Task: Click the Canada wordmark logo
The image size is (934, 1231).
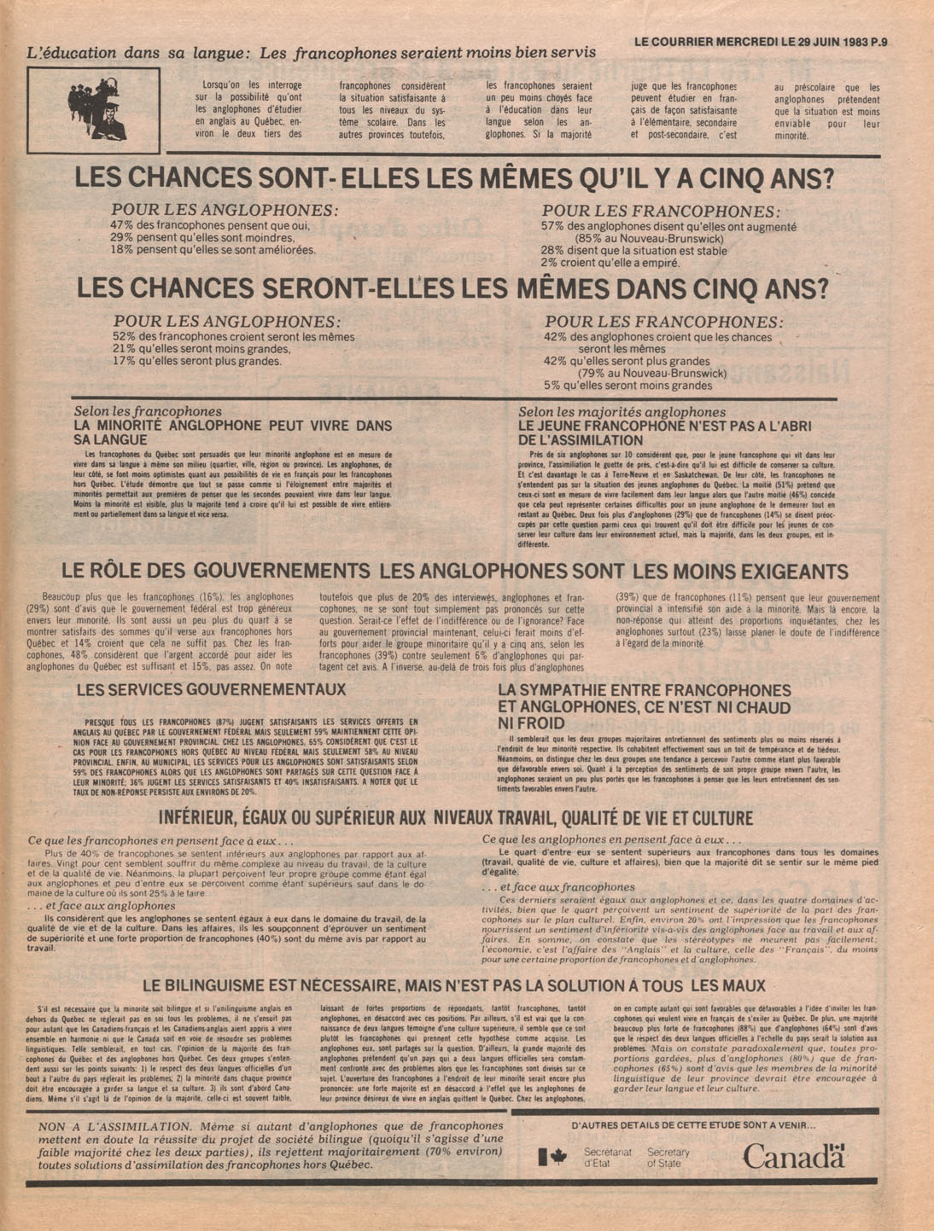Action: click(793, 1156)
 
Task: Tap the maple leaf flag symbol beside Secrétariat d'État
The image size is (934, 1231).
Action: click(552, 1158)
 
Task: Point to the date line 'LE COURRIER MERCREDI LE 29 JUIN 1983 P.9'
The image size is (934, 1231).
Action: click(760, 40)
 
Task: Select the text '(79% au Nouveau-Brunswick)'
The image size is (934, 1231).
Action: click(652, 373)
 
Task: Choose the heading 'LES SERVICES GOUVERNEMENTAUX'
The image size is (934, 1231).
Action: click(211, 689)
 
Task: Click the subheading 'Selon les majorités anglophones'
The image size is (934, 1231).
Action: click(606, 412)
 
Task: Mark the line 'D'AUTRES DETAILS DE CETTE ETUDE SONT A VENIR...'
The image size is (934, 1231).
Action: click(693, 1126)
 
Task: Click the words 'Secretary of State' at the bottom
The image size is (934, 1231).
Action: click(668, 1158)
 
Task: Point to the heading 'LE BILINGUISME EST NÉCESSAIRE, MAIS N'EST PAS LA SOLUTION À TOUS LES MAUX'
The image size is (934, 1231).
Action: click(453, 985)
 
